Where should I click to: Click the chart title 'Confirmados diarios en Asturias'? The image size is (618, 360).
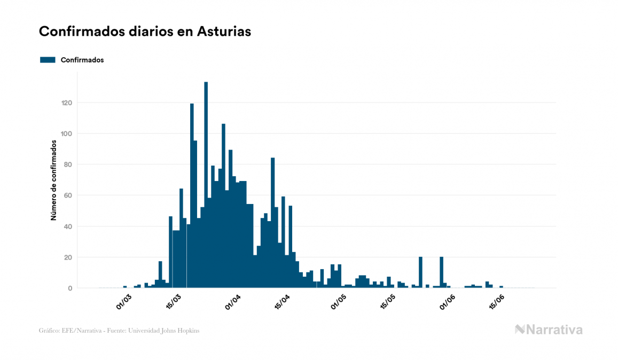(x=145, y=32)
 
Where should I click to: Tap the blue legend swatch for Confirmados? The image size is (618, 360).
(x=48, y=60)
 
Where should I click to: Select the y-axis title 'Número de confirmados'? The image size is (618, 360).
(x=54, y=181)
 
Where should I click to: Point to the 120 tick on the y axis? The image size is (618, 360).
(x=67, y=103)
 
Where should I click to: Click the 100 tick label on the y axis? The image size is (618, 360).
(x=67, y=134)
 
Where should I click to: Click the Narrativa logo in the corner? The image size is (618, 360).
(x=549, y=330)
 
